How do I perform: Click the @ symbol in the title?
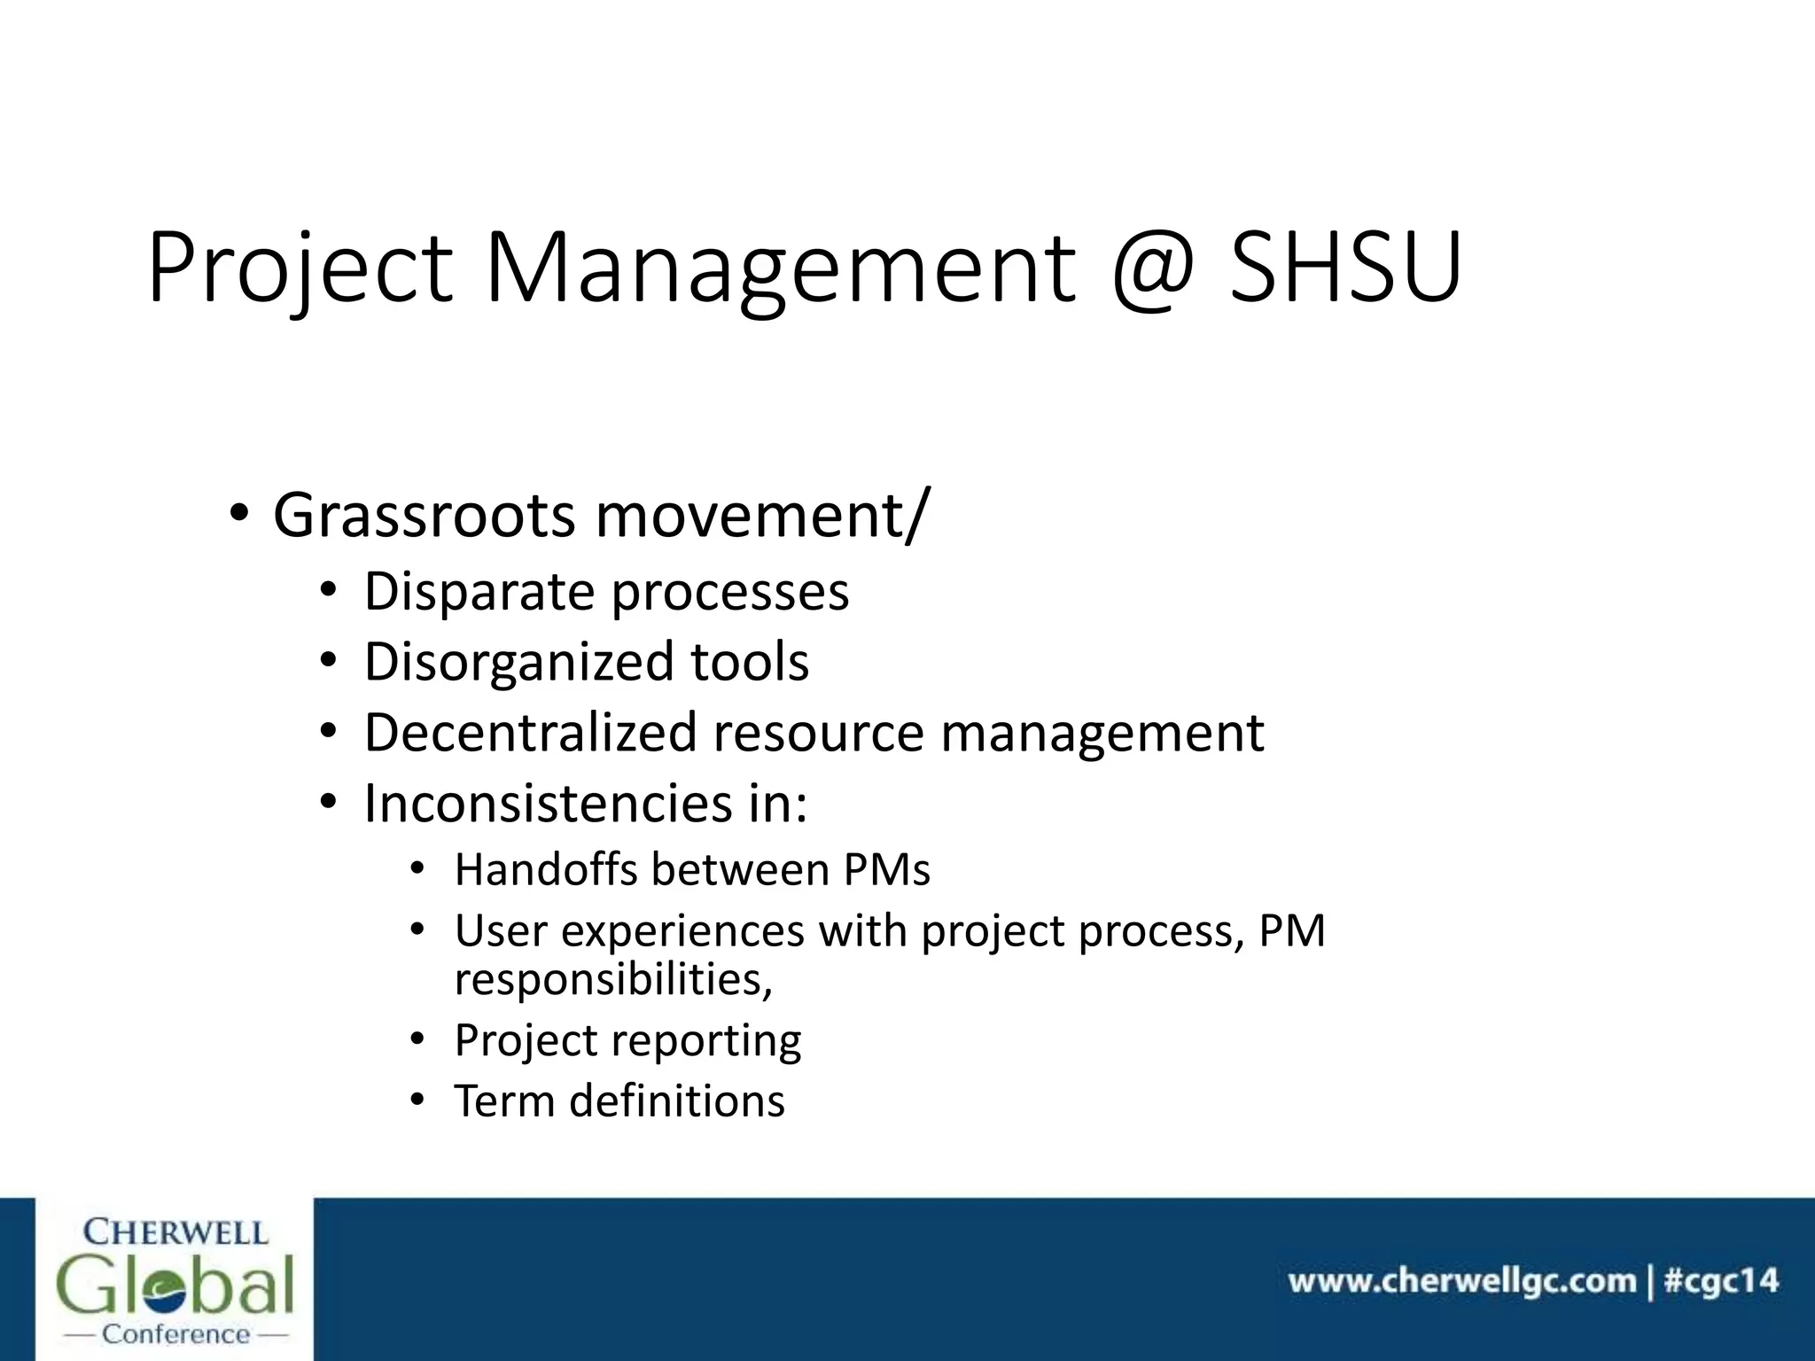tap(1152, 268)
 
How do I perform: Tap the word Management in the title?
tap(780, 268)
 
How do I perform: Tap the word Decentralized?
tap(530, 733)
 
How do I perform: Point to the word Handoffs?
tap(546, 870)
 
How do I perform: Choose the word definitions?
tap(677, 1101)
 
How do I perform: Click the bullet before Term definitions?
tap(417, 1101)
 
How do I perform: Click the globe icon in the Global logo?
tap(175, 1286)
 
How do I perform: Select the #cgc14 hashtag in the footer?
tap(1721, 1281)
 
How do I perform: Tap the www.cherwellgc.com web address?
tap(1461, 1281)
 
